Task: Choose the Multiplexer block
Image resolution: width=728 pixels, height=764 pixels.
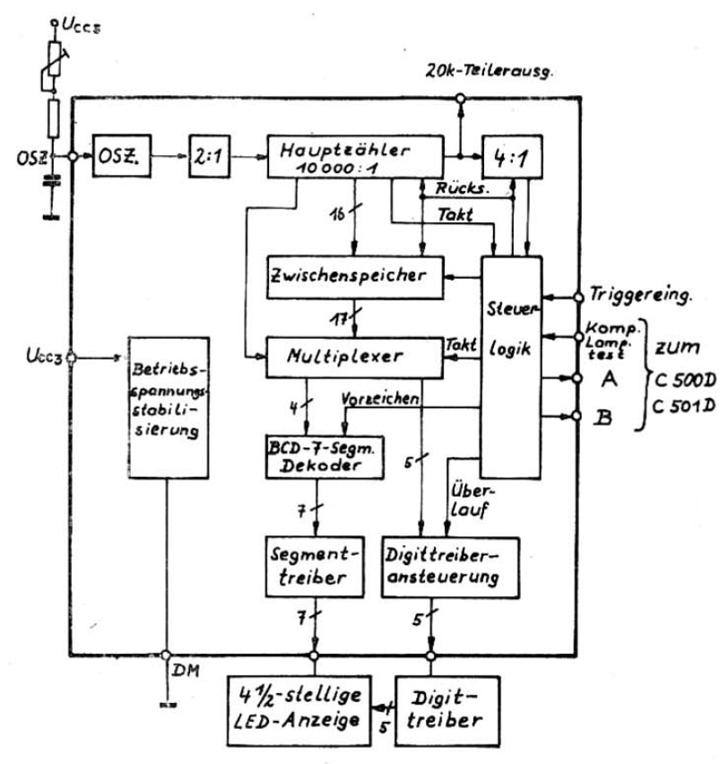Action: tap(355, 355)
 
